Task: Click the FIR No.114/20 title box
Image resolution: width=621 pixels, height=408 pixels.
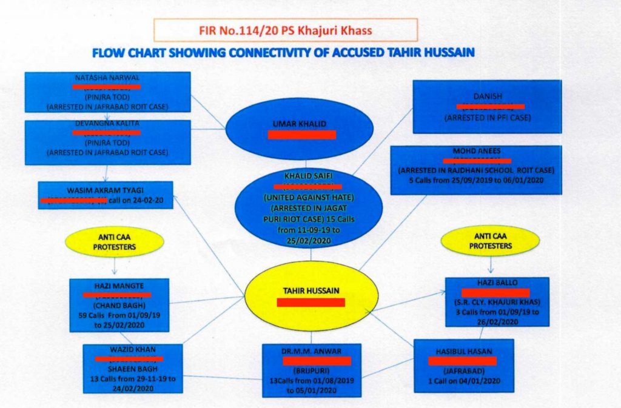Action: coord(285,30)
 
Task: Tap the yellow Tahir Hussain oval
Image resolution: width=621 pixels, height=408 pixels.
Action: coord(312,295)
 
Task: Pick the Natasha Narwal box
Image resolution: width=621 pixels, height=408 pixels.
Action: coord(107,92)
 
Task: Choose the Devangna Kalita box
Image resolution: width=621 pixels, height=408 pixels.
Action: coord(107,142)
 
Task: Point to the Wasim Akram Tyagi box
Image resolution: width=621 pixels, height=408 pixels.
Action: coord(106,195)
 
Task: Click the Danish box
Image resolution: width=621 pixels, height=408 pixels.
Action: coord(487,106)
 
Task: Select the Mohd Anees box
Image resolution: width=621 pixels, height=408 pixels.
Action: coord(475,170)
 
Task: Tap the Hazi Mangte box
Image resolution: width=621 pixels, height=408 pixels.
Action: coord(119,305)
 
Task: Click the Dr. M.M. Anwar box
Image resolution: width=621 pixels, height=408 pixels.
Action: coord(311,370)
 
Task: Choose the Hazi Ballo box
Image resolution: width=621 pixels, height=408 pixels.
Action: coord(497,302)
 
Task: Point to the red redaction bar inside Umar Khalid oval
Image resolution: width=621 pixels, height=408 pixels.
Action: coord(301,135)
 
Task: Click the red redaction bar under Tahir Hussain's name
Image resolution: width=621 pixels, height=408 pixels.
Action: coord(310,302)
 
